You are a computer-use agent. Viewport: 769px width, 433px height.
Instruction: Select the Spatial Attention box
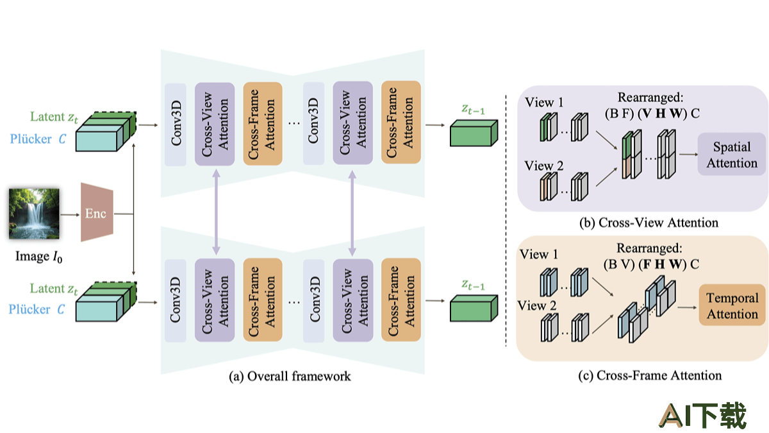pos(731,155)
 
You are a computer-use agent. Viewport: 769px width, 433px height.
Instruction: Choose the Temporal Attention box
pos(732,306)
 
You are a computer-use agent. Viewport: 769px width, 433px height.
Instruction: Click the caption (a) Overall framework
pos(290,377)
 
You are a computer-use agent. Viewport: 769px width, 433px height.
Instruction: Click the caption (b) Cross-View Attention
pos(648,223)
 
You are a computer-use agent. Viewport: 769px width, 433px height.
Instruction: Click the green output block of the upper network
pos(474,133)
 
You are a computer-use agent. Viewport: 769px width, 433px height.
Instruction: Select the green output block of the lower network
pos(474,309)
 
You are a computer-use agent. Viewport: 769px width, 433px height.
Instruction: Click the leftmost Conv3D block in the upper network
pos(175,123)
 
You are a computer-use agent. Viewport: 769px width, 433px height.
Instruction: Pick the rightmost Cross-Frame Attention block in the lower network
pos(400,298)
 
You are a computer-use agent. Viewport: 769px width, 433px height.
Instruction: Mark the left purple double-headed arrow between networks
pos(217,211)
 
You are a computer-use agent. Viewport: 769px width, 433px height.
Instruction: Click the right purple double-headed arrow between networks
pos(352,211)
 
